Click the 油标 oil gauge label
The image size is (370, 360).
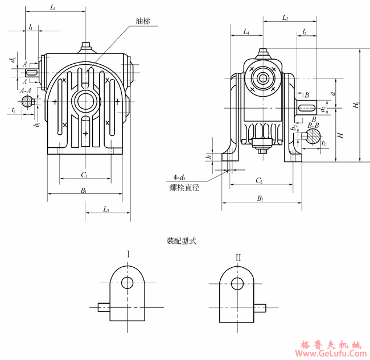(143, 22)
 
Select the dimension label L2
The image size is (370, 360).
(285, 19)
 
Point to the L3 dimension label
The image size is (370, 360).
(106, 210)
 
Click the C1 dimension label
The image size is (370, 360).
(84, 174)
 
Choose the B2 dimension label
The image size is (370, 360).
(260, 198)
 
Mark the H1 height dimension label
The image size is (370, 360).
(356, 106)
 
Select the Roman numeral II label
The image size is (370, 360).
(238, 257)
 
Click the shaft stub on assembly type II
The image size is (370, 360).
(261, 308)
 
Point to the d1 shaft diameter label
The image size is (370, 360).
(12, 59)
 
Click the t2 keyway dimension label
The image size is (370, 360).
(323, 144)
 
